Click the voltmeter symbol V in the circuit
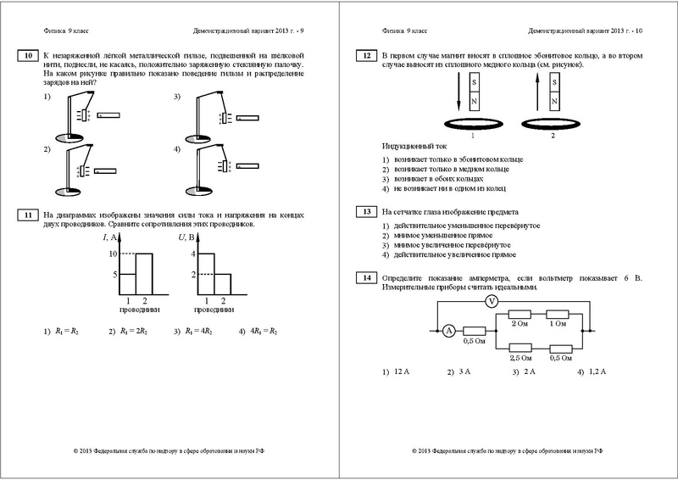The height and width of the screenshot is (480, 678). pyautogui.click(x=489, y=301)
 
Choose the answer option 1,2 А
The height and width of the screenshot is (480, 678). pyautogui.click(x=598, y=372)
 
